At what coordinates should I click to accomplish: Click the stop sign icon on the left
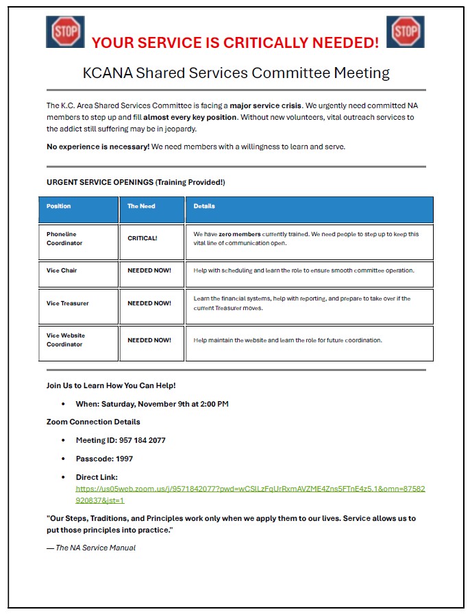tap(65, 31)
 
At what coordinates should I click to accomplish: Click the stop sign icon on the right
tap(406, 31)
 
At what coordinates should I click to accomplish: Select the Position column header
tap(59, 206)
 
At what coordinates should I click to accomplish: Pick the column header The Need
tap(141, 206)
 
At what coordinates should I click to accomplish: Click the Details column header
tap(204, 206)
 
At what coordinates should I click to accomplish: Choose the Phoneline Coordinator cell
tap(64, 238)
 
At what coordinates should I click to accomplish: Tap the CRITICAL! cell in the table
tap(143, 238)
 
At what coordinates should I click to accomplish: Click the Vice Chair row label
tap(62, 270)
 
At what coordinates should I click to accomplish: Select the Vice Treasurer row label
tap(68, 303)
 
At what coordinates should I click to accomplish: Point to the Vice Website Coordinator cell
tap(66, 340)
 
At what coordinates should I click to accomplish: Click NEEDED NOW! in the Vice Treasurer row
tap(149, 303)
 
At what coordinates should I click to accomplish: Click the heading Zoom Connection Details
tap(93, 422)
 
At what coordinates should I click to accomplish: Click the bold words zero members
tap(240, 234)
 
